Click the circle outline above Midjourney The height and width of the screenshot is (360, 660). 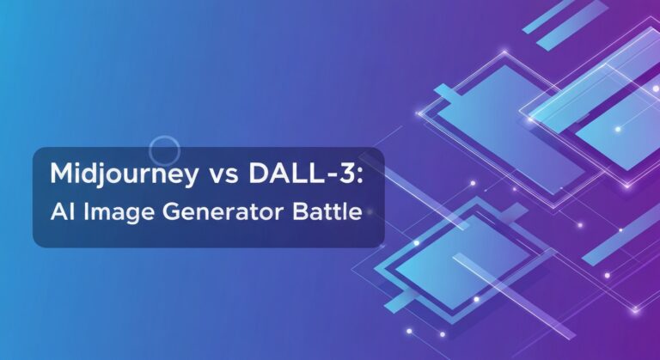pos(164,150)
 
